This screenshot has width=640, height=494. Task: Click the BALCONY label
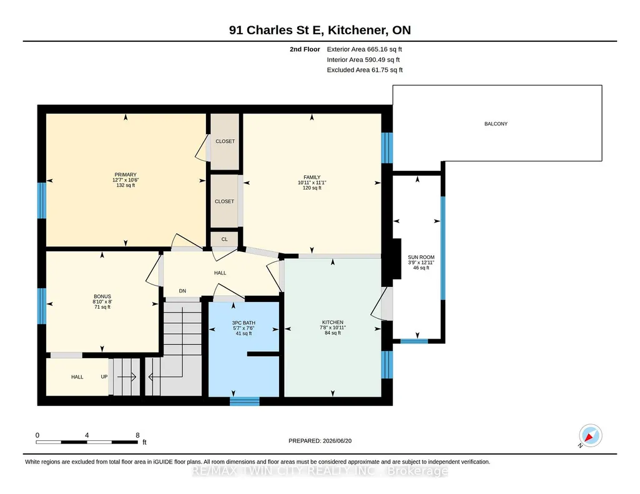click(496, 124)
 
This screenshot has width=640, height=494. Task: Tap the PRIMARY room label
click(126, 175)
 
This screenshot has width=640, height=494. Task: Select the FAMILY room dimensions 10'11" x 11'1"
click(312, 183)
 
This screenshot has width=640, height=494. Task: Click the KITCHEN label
click(333, 322)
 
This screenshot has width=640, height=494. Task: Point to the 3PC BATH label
click(244, 323)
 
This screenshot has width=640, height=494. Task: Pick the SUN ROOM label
click(421, 257)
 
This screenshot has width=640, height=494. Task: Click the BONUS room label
click(102, 297)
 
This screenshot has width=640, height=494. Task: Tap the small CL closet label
click(225, 240)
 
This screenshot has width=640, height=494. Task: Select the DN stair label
click(182, 291)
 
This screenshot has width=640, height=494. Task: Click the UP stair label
click(104, 377)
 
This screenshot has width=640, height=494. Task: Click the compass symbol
click(590, 435)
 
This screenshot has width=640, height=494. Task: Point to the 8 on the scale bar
click(137, 435)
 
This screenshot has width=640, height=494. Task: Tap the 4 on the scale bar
click(87, 435)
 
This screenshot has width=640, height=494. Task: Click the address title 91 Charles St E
click(276, 30)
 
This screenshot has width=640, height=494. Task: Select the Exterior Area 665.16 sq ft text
click(365, 49)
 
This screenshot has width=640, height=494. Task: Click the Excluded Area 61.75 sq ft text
click(365, 70)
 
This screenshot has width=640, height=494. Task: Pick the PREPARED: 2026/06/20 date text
click(320, 441)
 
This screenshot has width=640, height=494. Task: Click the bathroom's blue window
click(245, 401)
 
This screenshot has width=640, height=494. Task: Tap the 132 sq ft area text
click(126, 185)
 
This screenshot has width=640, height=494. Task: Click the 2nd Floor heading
click(305, 49)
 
